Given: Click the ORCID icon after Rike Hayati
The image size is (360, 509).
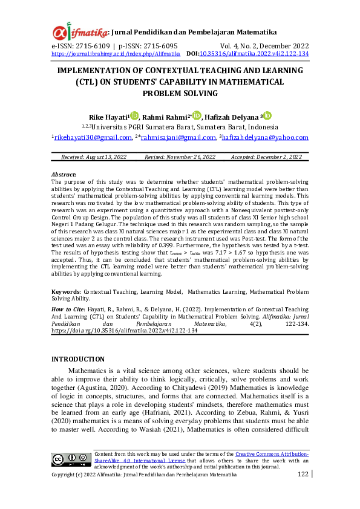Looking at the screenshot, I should (134, 115).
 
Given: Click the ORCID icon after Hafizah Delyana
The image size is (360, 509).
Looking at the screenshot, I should (267, 115).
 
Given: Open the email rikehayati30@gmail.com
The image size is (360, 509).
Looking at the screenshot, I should (93, 137).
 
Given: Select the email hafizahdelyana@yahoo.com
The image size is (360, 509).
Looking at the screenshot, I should (266, 137).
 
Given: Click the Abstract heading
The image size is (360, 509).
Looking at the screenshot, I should (64, 174).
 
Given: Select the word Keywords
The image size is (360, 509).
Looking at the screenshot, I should (65, 291).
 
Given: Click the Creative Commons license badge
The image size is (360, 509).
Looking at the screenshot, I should (71, 459).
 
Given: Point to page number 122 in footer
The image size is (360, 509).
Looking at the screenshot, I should (303, 475).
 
